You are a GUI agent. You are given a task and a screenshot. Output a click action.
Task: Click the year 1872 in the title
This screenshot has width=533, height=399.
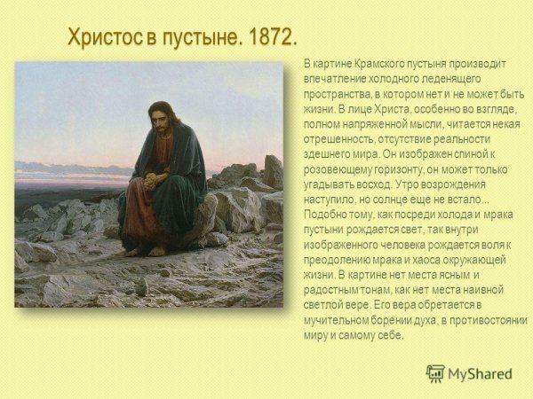[x=268, y=38]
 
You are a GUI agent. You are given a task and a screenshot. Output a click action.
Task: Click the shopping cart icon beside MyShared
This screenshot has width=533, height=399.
[x=435, y=373]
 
